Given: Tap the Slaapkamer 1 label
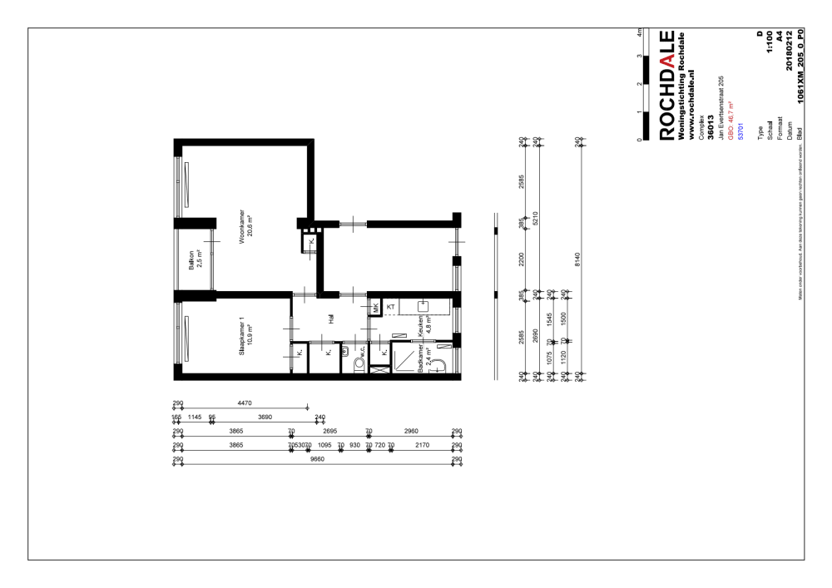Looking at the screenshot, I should (x=240, y=337).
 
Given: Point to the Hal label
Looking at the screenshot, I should (x=331, y=323).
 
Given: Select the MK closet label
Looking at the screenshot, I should (x=376, y=307).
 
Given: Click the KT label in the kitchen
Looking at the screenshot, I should (x=390, y=307).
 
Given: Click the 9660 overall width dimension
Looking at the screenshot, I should (x=317, y=459).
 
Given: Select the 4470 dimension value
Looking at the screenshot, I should (x=245, y=403).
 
